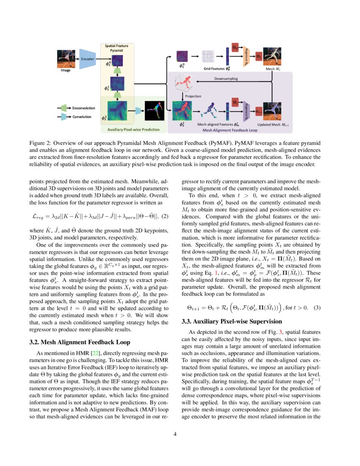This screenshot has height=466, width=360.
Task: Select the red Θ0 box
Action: (x=235, y=47)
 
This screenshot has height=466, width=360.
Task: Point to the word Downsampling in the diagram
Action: (x=226, y=79)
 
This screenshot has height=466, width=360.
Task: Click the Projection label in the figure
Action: (x=192, y=96)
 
